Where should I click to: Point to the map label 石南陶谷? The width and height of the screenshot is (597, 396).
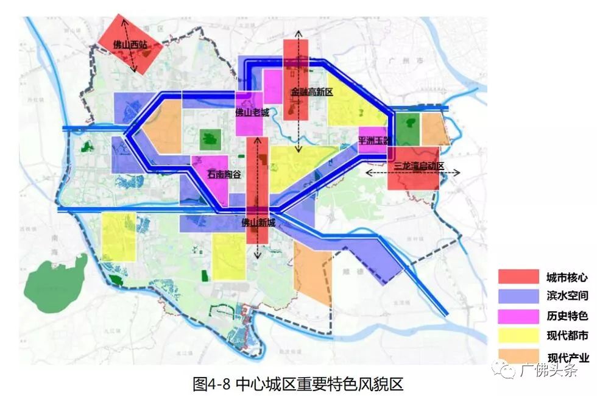click(224, 174)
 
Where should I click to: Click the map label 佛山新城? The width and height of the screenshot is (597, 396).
click(258, 223)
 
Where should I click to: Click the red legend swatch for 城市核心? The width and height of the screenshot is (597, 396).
click(518, 277)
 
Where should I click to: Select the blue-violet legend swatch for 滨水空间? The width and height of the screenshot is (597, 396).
click(518, 296)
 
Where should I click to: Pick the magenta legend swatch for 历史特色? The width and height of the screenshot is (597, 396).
click(518, 316)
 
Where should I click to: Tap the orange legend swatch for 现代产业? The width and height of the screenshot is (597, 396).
click(518, 356)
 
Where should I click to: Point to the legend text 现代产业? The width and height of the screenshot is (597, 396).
click(568, 358)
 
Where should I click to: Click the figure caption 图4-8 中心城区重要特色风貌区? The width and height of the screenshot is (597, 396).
click(298, 384)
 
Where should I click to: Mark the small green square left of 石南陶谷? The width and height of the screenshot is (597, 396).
click(210, 140)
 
